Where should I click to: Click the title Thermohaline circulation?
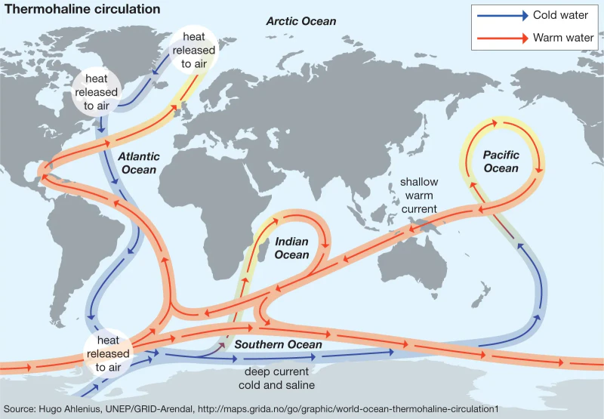(x=83, y=9)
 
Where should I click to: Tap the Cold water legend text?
(x=560, y=15)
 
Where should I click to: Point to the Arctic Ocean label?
(x=300, y=21)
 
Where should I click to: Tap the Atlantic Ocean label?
(x=139, y=163)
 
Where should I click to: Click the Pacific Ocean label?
(x=501, y=162)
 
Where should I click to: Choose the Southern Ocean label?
(x=278, y=345)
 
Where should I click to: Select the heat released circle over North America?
(x=96, y=92)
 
